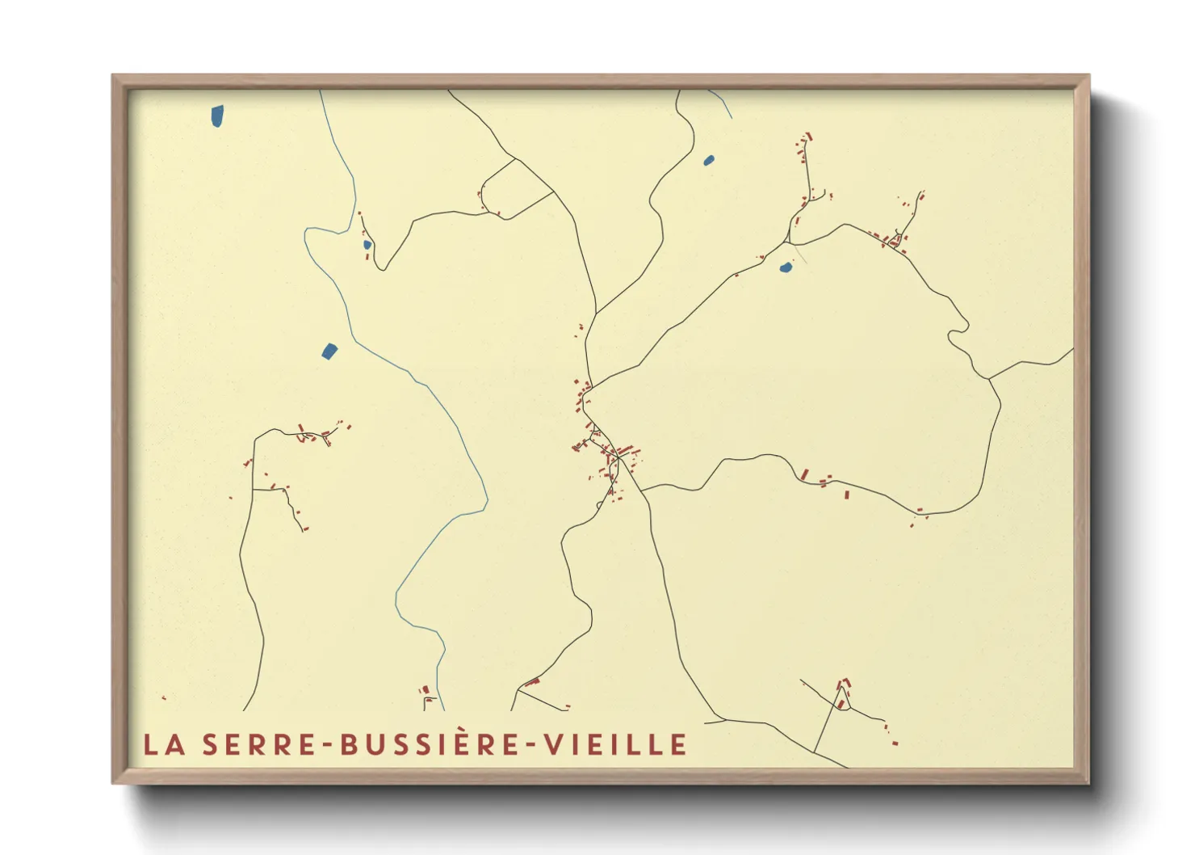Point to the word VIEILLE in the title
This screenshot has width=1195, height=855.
pos(615,744)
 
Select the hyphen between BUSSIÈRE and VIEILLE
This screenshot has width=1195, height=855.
pos(532,745)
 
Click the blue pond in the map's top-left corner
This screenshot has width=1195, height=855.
pos(217,116)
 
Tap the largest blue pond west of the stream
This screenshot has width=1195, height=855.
pos(329,351)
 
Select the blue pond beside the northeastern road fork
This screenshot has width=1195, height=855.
pos(785,267)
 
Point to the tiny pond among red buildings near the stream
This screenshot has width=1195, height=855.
pos(367,244)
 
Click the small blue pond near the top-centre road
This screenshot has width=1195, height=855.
pos(709,160)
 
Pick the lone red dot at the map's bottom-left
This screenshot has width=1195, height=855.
pos(164,697)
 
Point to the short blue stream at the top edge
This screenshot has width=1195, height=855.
pos(721,103)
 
